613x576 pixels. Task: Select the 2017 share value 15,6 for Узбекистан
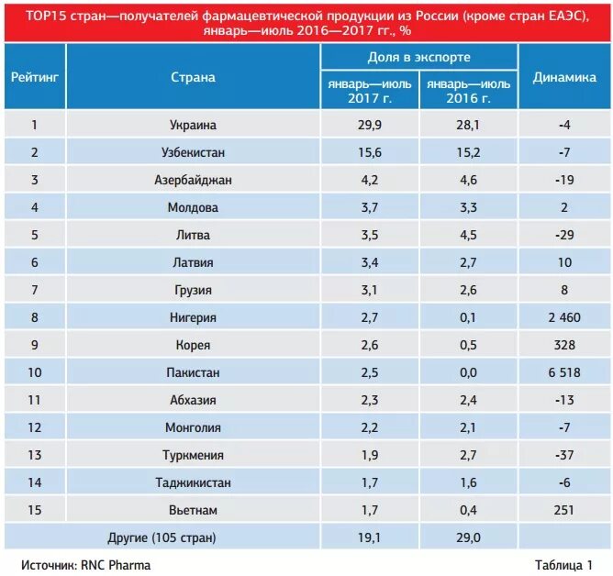point(369,152)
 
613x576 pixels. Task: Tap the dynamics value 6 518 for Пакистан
point(564,372)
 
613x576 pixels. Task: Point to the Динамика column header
point(564,77)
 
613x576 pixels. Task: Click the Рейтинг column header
point(36,77)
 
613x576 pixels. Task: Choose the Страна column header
point(193,77)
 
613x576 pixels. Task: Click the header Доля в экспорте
point(418,57)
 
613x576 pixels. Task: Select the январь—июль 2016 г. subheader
point(469,91)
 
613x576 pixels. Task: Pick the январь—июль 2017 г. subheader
point(369,91)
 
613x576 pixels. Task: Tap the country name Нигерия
point(193,317)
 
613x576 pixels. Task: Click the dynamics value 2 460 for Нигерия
point(564,317)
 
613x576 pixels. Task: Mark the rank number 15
point(36,510)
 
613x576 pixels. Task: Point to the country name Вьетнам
point(193,510)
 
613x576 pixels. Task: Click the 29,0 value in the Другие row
point(469,537)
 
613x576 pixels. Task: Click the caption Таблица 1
point(563,565)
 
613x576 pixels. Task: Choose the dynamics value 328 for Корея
point(564,345)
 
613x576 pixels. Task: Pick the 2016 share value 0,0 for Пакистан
point(469,372)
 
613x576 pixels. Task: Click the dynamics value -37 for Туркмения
point(564,455)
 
